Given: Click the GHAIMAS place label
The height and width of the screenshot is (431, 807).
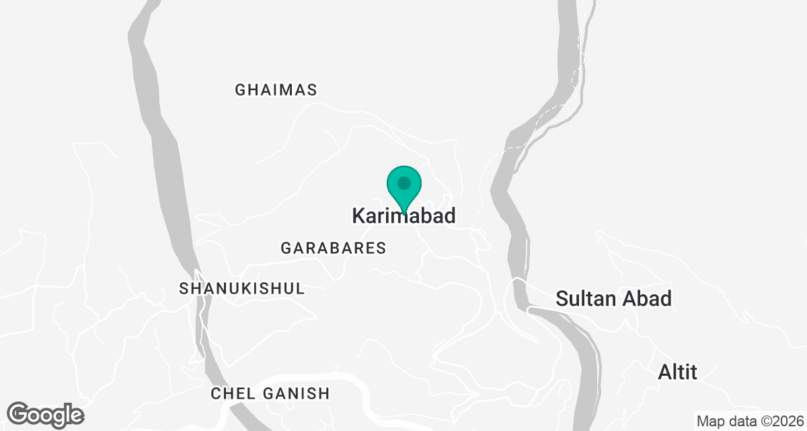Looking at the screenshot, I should (x=276, y=90).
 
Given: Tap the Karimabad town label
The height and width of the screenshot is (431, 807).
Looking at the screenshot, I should (x=403, y=216).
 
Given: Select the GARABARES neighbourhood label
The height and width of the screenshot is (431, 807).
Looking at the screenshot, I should (x=334, y=248).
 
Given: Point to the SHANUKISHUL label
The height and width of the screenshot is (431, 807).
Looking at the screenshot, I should (x=241, y=289).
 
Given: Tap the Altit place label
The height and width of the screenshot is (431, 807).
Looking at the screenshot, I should (x=677, y=371).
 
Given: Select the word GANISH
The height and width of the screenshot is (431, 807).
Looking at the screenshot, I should (x=295, y=394).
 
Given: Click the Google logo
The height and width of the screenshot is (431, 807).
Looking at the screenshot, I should (x=46, y=414).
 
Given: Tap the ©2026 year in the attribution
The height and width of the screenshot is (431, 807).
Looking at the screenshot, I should (x=780, y=422).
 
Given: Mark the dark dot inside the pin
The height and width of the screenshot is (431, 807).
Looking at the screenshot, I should (x=403, y=183).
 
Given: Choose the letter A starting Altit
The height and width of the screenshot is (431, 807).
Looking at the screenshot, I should (x=664, y=371).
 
